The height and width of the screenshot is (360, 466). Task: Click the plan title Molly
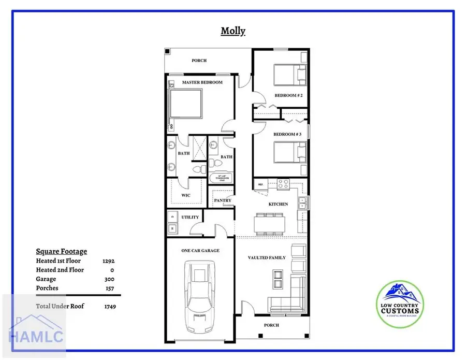pyautogui.click(x=233, y=31)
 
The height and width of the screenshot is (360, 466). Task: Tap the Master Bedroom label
pyautogui.click(x=202, y=82)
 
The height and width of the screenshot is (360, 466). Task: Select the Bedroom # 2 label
pyautogui.click(x=288, y=95)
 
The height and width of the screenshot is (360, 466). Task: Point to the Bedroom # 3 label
pyautogui.click(x=287, y=134)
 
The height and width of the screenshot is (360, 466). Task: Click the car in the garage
pyautogui.click(x=199, y=295)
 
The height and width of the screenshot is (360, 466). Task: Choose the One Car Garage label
pyautogui.click(x=200, y=250)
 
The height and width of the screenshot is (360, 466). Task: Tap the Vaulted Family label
pyautogui.click(x=267, y=257)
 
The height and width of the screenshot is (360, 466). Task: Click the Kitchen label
pyautogui.click(x=278, y=204)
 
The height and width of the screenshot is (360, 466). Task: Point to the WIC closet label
pyautogui.click(x=186, y=195)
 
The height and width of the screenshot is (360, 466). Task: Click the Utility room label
pyautogui.click(x=190, y=217)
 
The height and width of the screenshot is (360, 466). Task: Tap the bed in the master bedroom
pyautogui.click(x=185, y=103)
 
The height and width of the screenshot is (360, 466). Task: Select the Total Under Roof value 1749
pyautogui.click(x=109, y=306)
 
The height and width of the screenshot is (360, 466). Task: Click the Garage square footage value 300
pyautogui.click(x=109, y=279)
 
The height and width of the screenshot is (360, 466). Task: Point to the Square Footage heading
pyautogui.click(x=61, y=251)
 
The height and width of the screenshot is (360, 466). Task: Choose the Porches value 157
pyautogui.click(x=109, y=288)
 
